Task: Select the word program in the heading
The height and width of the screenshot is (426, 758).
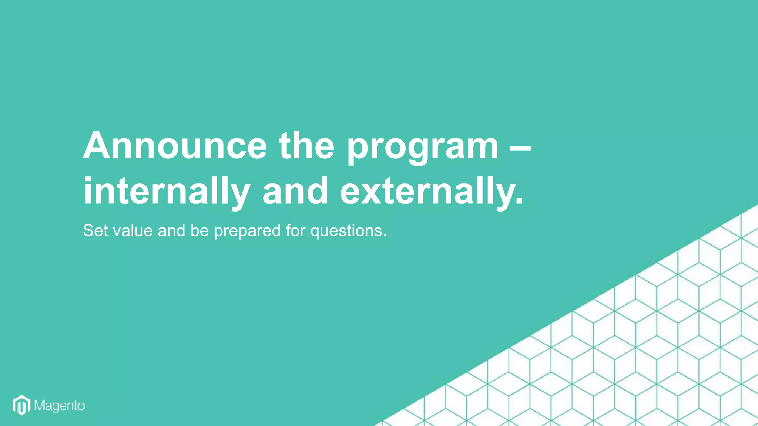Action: pos(423,148)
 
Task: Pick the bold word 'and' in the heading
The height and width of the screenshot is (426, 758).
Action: pos(295,191)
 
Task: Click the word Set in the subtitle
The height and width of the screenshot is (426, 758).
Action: pos(95,230)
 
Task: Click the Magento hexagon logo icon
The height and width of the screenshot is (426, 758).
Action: pos(21,405)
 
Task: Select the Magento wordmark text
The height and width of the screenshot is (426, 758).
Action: pos(60,406)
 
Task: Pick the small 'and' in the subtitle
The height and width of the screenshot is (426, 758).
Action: pos(171,230)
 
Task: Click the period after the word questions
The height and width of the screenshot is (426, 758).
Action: pos(385,236)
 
